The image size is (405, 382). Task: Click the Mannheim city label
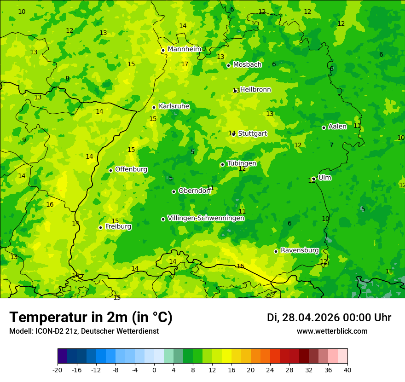(x=185, y=49)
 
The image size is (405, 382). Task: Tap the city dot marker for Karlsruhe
(x=154, y=107)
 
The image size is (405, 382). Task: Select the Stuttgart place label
(x=252, y=133)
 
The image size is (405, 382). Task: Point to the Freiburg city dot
(x=100, y=227)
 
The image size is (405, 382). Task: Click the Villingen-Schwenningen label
(x=206, y=218)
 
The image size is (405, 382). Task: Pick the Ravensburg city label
(x=300, y=250)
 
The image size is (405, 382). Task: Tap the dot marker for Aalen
(x=324, y=127)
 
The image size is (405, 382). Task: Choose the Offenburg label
(x=131, y=169)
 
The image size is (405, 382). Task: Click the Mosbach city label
(x=247, y=65)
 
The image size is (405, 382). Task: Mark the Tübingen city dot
(x=222, y=164)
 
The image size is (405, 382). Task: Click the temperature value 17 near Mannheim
(x=185, y=64)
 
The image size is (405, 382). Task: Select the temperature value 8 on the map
(x=67, y=79)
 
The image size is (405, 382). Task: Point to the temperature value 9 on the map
(x=24, y=140)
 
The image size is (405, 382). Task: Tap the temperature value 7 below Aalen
(x=331, y=145)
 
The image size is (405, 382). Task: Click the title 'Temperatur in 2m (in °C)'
(x=91, y=318)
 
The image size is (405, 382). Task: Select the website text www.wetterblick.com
(x=332, y=331)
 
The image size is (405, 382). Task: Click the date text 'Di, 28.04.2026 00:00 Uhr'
(x=329, y=318)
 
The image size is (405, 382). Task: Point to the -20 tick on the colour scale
(x=58, y=370)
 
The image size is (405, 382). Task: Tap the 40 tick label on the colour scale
(x=347, y=370)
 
